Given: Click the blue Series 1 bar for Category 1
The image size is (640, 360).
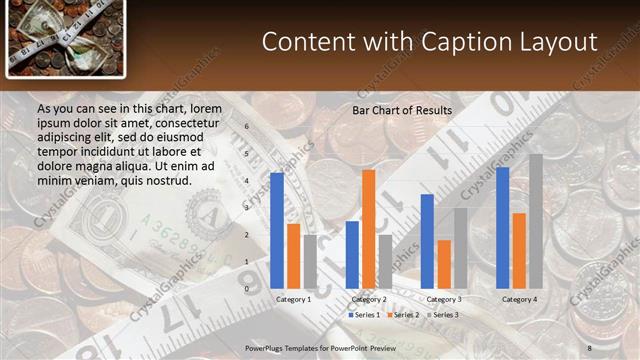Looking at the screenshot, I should [277, 230].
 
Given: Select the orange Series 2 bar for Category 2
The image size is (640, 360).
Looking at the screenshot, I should [369, 228].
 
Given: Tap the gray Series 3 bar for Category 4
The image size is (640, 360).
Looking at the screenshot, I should [536, 220].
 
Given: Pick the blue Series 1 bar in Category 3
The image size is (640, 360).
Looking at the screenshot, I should [427, 240].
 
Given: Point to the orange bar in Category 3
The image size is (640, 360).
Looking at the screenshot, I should [444, 263].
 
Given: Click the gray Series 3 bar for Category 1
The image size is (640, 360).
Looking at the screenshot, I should [310, 261].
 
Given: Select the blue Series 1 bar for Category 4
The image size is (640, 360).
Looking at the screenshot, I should [502, 227].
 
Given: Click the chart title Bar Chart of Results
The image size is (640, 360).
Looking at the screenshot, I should [402, 110].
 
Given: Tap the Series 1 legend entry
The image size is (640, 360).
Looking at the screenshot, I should [364, 314].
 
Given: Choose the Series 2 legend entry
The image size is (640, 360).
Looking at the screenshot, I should [402, 314].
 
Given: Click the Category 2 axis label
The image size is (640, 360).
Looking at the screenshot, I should [369, 299].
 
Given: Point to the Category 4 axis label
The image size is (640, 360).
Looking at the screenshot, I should [519, 299].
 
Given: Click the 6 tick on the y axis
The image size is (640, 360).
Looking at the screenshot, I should [247, 127].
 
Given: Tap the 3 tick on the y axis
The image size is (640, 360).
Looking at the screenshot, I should [247, 208].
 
